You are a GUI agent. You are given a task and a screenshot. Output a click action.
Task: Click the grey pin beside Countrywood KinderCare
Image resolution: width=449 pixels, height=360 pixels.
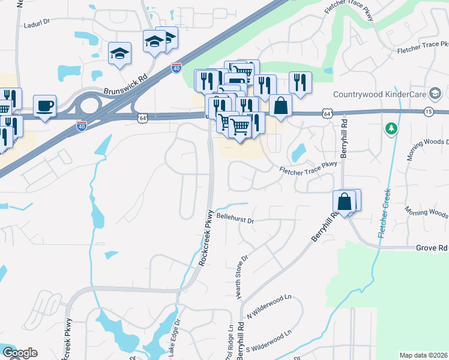435,94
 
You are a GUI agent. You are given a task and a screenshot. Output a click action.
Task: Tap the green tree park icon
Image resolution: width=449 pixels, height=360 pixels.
391,128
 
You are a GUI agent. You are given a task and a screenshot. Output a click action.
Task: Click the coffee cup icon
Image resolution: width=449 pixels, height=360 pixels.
44,106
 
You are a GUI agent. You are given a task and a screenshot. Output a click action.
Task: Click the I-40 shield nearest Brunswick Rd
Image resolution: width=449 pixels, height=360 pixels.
176,68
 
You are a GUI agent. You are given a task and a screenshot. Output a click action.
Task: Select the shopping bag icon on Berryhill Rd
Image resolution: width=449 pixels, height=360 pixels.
345,202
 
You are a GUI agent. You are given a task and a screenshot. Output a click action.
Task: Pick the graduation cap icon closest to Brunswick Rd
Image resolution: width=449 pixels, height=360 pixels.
119,53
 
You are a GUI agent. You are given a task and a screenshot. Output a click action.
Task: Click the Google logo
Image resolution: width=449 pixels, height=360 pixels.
20,353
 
